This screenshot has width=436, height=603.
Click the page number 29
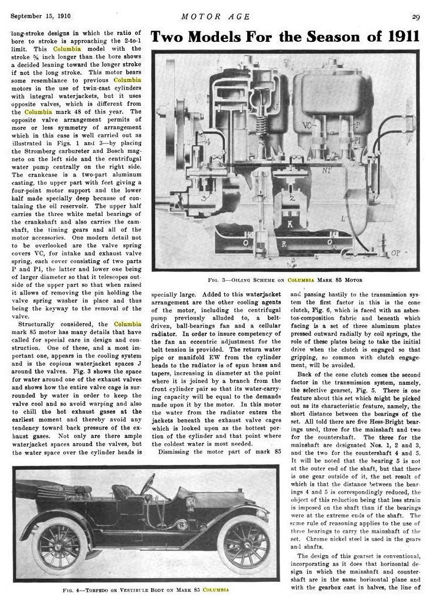pyautogui.click(x=416, y=16)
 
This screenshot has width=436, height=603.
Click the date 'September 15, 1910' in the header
pyautogui.click(x=37, y=16)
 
